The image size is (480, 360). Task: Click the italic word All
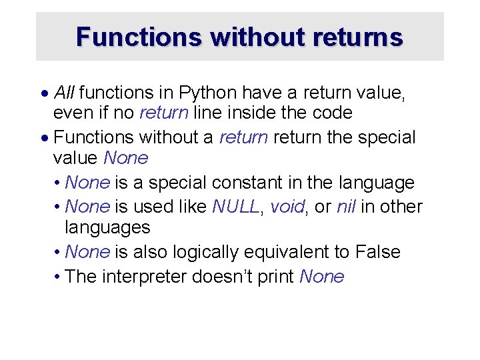pyautogui.click(x=64, y=91)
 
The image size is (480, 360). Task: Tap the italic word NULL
pyautogui.click(x=235, y=207)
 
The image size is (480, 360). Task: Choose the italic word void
pyautogui.click(x=287, y=207)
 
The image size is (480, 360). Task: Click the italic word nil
pyautogui.click(x=346, y=207)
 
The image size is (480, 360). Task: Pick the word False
pyautogui.click(x=378, y=252)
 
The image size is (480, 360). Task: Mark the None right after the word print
pyautogui.click(x=322, y=277)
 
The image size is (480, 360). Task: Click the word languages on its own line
pyautogui.click(x=107, y=228)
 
